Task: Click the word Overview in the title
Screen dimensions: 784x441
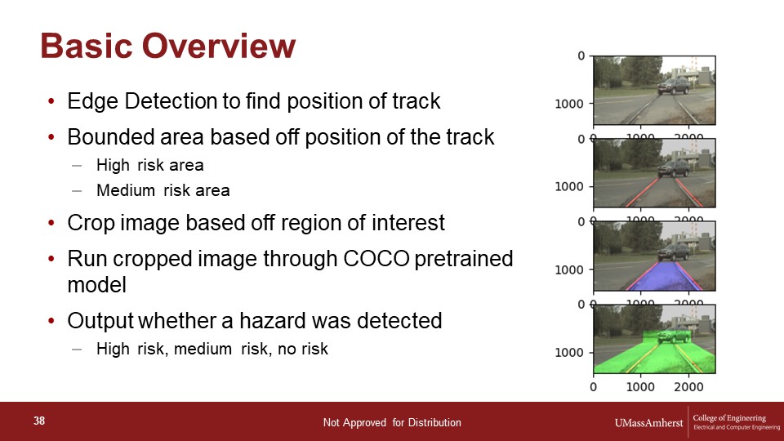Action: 219,46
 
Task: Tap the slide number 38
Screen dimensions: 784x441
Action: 39,421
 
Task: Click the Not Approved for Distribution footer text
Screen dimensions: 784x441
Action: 392,423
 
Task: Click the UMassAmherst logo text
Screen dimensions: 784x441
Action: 648,423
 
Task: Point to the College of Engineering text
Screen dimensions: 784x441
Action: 729,418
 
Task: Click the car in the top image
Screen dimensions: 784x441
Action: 674,86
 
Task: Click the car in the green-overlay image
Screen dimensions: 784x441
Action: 674,334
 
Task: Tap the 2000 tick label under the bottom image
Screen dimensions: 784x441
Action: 688,387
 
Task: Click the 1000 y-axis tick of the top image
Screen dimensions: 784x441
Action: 569,104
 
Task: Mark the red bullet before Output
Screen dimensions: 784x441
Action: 51,321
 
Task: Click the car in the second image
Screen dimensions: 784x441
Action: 674,168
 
